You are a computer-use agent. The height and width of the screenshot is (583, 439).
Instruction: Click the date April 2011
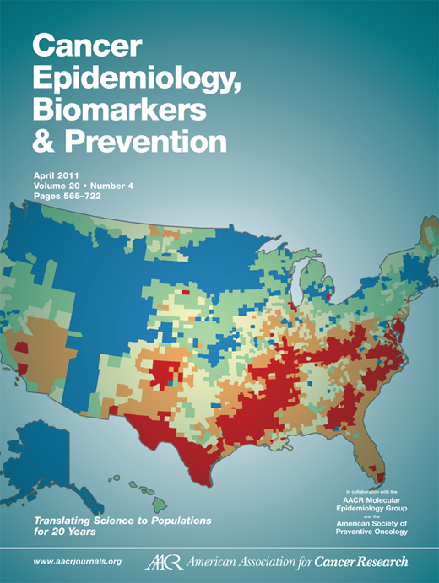pyautogui.click(x=57, y=174)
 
